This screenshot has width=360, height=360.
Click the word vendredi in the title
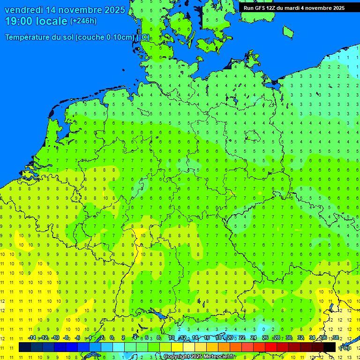tap(24, 10)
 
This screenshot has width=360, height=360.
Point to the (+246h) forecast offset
tap(83, 21)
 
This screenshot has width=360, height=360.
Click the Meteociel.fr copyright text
tap(199, 357)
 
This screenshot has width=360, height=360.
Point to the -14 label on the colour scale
tap(32, 338)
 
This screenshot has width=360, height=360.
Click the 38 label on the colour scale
tap(335, 338)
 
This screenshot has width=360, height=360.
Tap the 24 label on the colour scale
tap(254, 338)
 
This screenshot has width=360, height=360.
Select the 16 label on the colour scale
tap(207, 338)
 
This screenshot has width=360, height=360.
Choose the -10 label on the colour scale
tap(55, 338)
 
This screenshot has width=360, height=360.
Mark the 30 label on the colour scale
tap(289, 338)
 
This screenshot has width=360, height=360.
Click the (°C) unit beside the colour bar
tap(345, 348)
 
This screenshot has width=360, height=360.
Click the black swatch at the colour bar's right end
tap(330, 347)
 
